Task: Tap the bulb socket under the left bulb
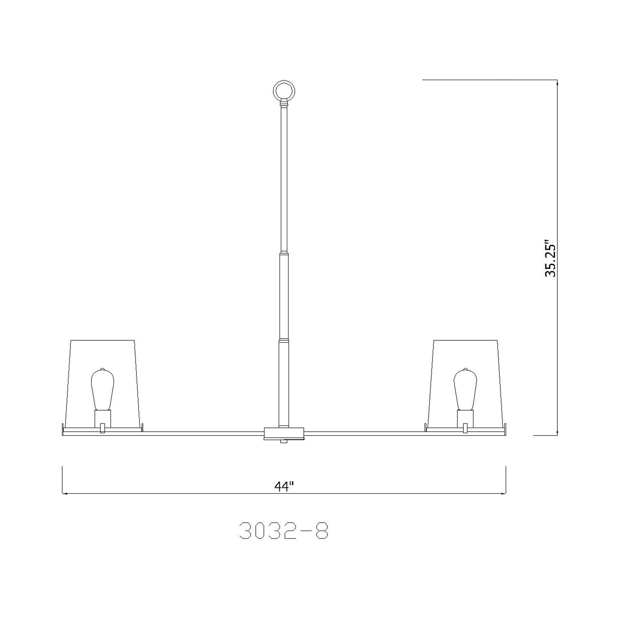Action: (103, 418)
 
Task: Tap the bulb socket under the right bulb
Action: (465, 418)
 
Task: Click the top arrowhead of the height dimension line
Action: (557, 83)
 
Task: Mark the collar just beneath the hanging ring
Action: (284, 104)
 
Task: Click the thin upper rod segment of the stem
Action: (284, 180)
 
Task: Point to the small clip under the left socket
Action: (102, 428)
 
